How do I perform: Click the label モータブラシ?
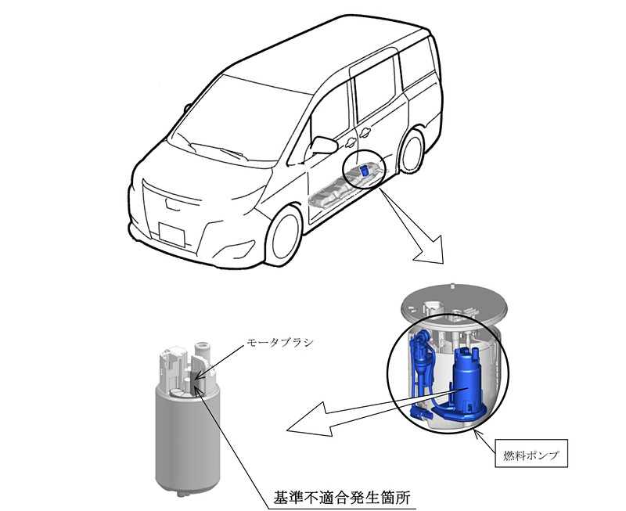pyautogui.click(x=280, y=344)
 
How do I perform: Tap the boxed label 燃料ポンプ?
pyautogui.click(x=531, y=453)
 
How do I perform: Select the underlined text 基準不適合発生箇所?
pyautogui.click(x=341, y=498)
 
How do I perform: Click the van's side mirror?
pyautogui.click(x=323, y=146)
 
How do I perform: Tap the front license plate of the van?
pyautogui.click(x=171, y=234)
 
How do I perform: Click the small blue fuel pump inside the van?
pyautogui.click(x=365, y=171)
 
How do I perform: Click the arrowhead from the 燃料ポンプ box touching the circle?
pyautogui.click(x=477, y=434)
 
